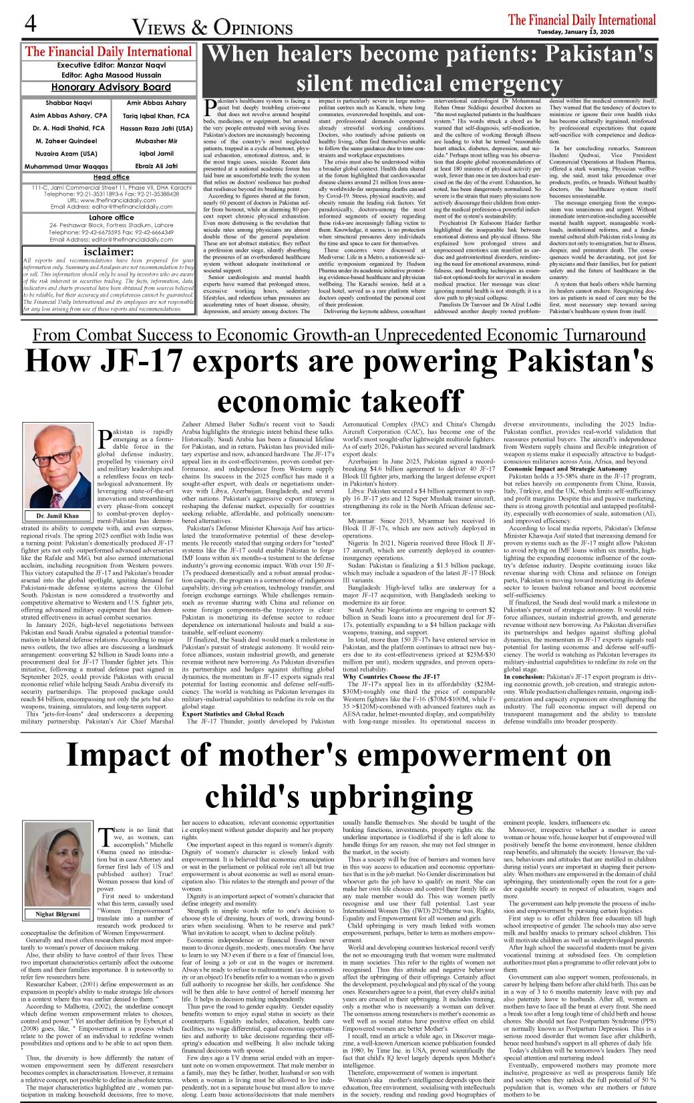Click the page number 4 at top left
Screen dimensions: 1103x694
click(x=31, y=24)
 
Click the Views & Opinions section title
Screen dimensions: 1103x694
click(x=212, y=27)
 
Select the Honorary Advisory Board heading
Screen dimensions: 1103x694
click(x=111, y=87)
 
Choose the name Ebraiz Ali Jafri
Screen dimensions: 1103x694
click(x=156, y=166)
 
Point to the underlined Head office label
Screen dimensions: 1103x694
click(x=111, y=177)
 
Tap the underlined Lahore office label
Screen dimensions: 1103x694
click(x=111, y=217)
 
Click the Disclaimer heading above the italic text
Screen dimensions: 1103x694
click(x=108, y=252)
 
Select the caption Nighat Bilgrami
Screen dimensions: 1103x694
click(x=57, y=913)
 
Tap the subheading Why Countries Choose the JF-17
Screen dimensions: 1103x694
click(x=391, y=676)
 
